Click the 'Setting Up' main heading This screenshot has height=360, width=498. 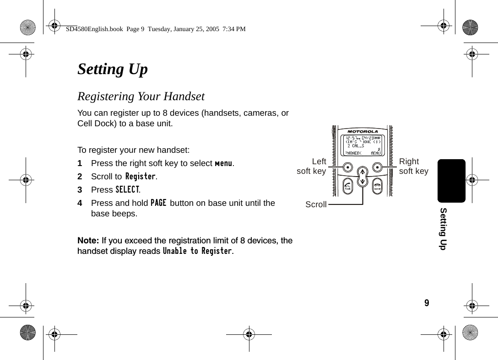point(113,70)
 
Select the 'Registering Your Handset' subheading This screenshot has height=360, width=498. point(141,97)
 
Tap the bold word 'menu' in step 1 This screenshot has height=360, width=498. point(224,163)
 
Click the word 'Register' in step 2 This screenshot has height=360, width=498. point(141,177)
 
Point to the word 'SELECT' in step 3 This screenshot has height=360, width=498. point(127,189)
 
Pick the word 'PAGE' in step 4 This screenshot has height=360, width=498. point(158,203)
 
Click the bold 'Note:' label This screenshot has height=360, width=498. point(88,241)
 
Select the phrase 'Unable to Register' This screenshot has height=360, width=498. point(197,251)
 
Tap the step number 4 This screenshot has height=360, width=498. point(80,203)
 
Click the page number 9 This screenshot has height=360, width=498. point(427,303)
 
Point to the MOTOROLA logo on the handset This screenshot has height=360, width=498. point(363,132)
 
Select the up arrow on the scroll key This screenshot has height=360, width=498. point(363,172)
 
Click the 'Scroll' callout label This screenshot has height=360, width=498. point(316,204)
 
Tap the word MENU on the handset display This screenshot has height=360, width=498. point(375,153)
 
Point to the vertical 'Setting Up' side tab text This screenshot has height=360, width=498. point(443,228)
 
